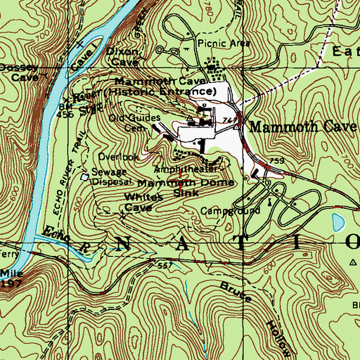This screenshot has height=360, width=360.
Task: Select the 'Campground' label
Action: (229, 210)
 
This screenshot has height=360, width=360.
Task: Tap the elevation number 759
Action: (276, 161)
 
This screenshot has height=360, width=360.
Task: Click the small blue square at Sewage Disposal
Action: (85, 177)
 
